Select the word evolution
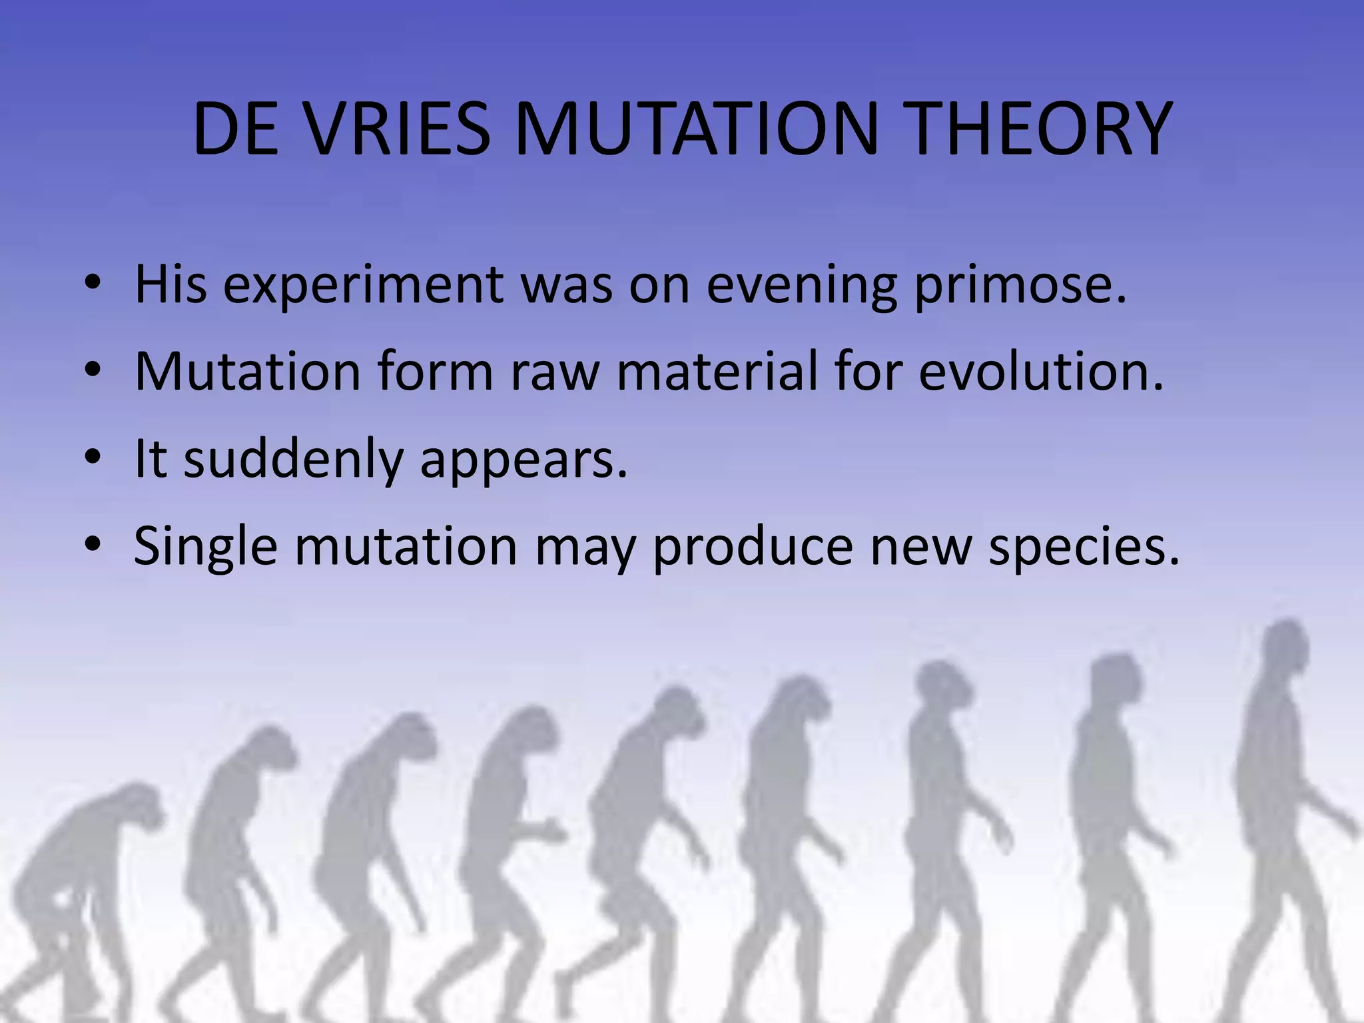[1041, 371]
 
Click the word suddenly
[293, 460]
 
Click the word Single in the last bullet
[205, 547]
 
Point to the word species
[1084, 547]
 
